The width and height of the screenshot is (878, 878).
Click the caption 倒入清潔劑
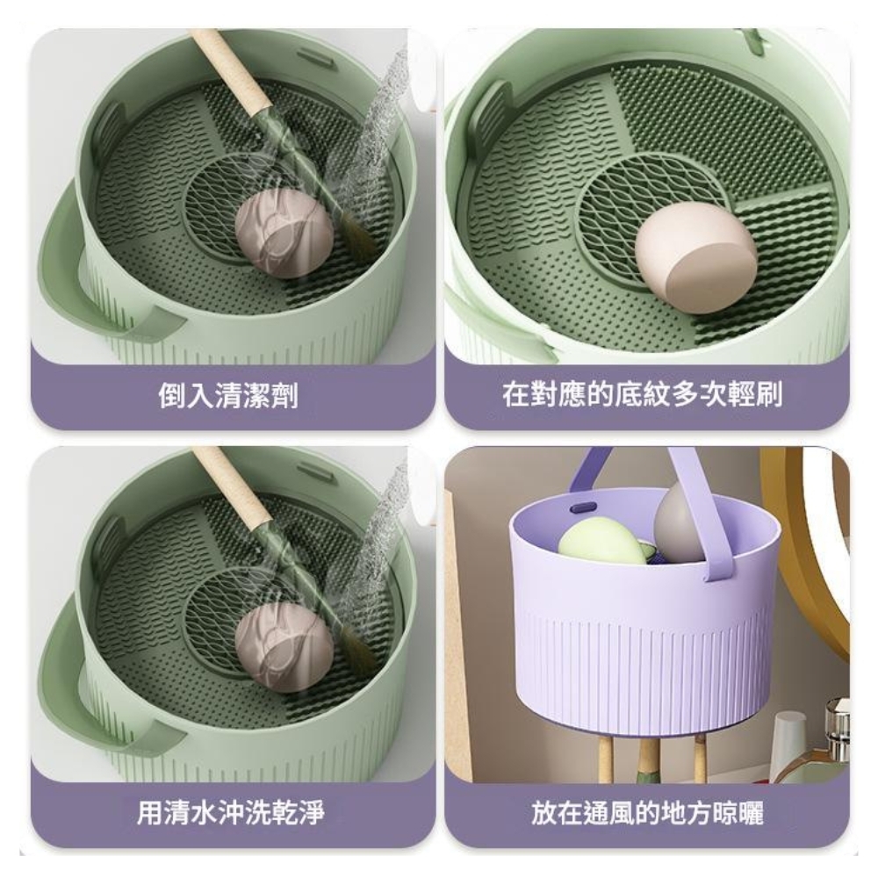tap(228, 396)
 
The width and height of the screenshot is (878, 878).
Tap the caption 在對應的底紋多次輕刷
tap(642, 395)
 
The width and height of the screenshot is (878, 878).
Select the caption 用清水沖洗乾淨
tap(231, 812)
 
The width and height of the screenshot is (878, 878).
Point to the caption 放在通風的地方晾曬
tap(647, 812)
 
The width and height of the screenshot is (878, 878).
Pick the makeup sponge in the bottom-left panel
tap(284, 647)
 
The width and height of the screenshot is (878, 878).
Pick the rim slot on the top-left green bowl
tap(313, 56)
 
